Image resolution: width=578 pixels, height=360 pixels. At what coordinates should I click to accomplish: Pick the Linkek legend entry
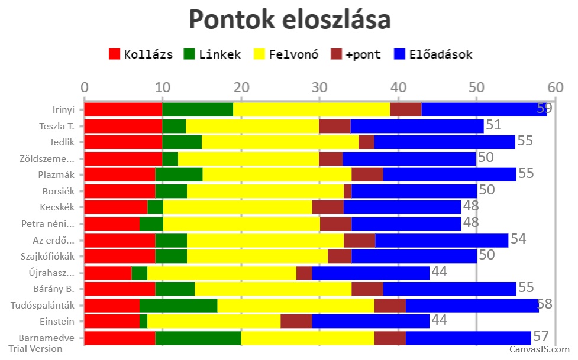(212, 54)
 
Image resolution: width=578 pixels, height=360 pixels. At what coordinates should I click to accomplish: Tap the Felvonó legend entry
(286, 54)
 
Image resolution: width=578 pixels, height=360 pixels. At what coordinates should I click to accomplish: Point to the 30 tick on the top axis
(319, 87)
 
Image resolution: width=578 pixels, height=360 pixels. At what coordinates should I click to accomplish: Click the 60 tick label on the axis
(554, 87)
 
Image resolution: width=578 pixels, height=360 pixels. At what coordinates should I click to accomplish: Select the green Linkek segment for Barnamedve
(198, 338)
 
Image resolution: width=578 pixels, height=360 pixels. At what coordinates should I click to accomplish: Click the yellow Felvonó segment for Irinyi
(311, 109)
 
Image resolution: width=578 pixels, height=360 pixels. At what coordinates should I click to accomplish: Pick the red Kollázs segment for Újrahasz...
(108, 273)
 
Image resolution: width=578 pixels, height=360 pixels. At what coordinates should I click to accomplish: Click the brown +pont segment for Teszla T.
(335, 126)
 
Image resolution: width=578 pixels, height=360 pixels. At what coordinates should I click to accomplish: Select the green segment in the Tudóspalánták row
(178, 305)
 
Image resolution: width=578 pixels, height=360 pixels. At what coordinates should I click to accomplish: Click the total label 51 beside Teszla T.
(493, 125)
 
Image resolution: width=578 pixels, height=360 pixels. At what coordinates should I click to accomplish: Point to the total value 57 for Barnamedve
(541, 336)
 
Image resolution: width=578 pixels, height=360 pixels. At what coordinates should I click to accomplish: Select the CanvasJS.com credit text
(540, 349)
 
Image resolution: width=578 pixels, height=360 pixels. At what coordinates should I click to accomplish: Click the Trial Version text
(35, 349)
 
